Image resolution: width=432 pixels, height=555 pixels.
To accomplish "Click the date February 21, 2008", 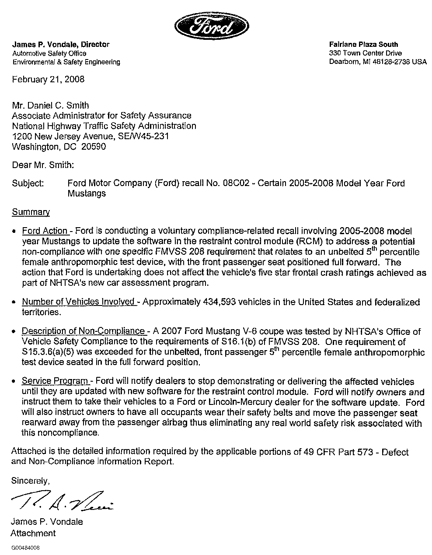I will pos(48,79).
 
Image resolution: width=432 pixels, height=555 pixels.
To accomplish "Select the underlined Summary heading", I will pos(31,212).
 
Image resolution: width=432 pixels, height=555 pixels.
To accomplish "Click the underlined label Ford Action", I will pos(45,231).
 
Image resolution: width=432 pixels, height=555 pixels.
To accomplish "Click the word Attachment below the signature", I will pos(33,533).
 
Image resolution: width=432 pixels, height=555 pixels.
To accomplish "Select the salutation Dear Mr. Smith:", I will pos(43,165).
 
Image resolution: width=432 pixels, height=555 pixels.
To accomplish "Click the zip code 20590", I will pos(94,147).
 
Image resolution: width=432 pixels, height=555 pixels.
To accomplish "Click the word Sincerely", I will pos(31,481).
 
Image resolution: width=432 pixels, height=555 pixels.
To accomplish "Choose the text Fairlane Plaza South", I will pos(364,44).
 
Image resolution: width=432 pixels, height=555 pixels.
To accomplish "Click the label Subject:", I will pos(28,183).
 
